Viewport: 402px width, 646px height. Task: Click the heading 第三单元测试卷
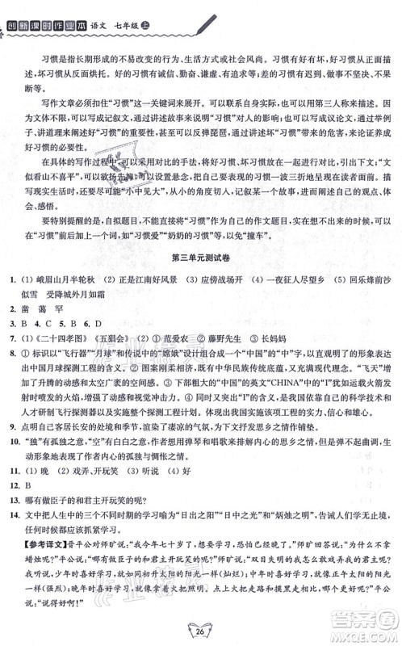click(x=200, y=258)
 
